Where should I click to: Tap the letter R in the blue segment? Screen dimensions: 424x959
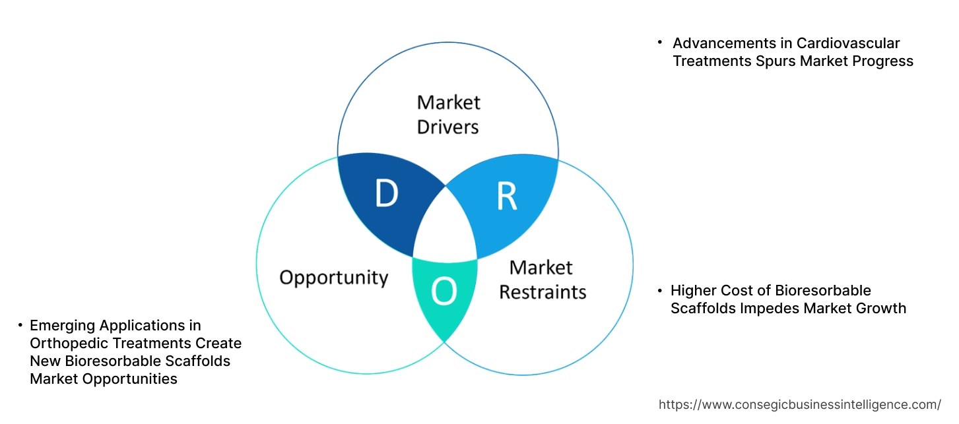coord(507,196)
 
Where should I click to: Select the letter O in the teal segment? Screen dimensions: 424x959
coord(444,291)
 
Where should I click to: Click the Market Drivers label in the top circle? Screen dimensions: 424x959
coord(449,114)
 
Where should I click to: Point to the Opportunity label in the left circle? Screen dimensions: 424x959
coord(333,277)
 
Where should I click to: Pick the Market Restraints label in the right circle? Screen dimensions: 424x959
coord(542,280)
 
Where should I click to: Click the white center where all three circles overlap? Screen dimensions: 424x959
coord(446,227)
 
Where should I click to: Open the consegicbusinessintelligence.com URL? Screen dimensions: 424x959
coord(800,405)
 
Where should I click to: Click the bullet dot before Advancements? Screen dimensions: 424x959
coord(659,42)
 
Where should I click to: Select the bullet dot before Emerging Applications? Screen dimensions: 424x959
coord(20,324)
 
